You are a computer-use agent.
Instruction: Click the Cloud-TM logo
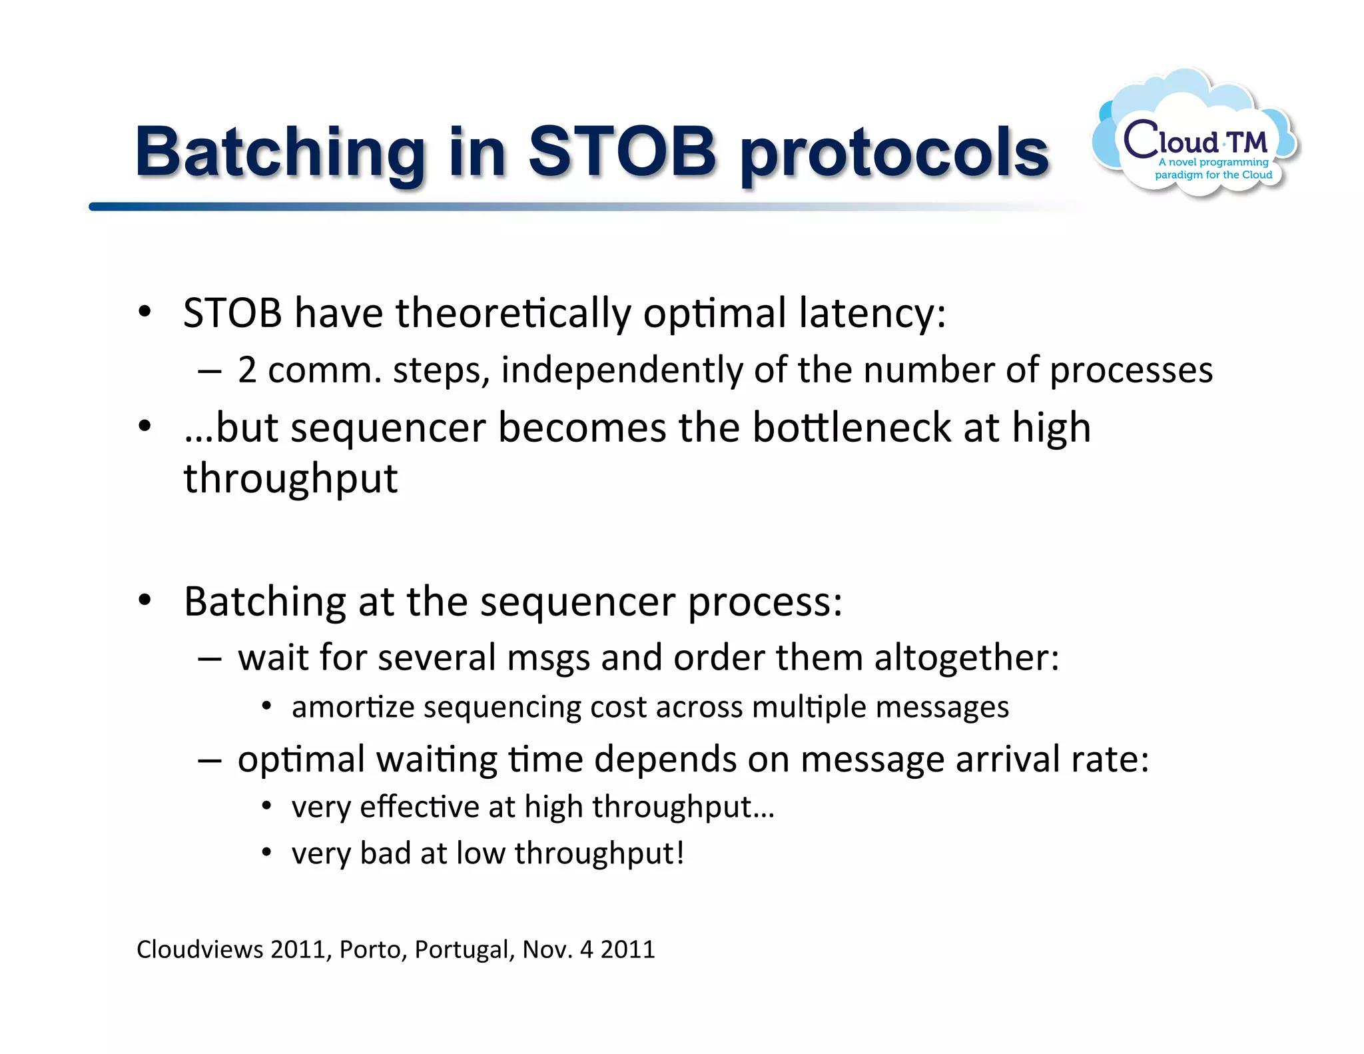point(1195,137)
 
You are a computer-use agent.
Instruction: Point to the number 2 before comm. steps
point(247,370)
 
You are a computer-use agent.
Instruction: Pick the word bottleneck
point(851,427)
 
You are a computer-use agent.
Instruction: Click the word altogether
point(966,658)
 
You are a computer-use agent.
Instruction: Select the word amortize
point(353,707)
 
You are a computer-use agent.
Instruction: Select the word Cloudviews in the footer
point(200,949)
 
